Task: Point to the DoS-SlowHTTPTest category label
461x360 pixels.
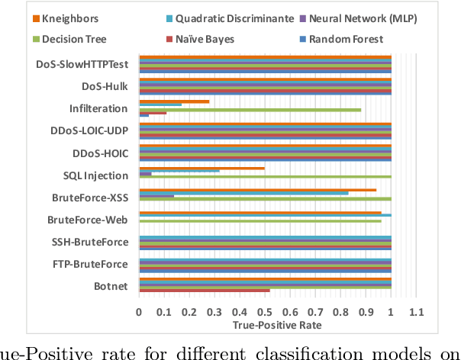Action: point(82,64)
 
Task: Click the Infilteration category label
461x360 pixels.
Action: point(98,108)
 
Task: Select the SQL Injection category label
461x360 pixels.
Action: point(95,175)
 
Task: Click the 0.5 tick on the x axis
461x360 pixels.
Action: point(265,312)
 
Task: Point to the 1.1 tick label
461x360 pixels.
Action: point(416,312)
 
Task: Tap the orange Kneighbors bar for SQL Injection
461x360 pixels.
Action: point(201,168)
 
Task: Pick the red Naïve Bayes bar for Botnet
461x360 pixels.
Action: point(204,291)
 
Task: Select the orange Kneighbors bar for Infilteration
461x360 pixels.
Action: point(174,101)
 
